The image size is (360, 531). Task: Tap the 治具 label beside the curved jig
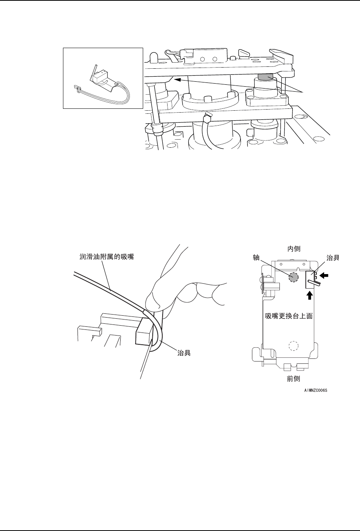tap(185, 353)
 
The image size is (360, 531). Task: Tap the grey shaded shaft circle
tap(293, 278)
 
